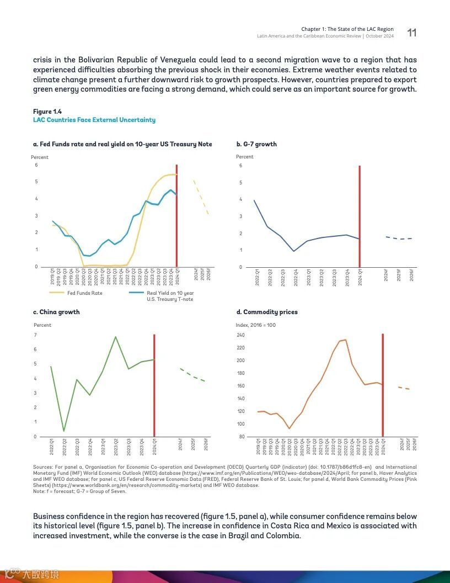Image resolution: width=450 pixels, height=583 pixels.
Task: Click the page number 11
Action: (411, 33)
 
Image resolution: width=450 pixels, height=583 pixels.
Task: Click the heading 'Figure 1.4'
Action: (47, 112)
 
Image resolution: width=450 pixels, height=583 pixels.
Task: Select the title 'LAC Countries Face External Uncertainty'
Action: (94, 120)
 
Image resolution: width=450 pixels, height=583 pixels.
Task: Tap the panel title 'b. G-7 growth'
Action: (256, 144)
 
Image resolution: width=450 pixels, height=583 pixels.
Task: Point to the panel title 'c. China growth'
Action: (56, 312)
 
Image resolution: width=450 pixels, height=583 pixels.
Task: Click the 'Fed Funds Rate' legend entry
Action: (84, 293)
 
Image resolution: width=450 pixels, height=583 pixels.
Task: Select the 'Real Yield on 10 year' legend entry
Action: (170, 293)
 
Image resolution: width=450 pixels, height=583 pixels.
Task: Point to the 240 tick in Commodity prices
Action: (240, 335)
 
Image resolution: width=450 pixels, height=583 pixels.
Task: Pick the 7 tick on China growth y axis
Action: (35, 335)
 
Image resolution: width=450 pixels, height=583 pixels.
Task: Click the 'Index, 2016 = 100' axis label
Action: (256, 325)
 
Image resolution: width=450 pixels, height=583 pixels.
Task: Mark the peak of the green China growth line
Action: (115, 337)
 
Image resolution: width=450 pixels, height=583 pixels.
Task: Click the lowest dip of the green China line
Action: (64, 431)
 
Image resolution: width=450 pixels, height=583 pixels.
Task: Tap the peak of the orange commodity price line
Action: (345, 340)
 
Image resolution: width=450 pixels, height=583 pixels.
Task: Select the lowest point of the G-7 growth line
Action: (294, 251)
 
